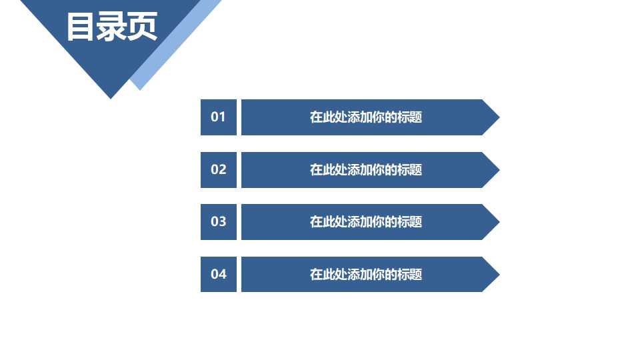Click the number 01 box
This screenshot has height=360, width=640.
click(219, 117)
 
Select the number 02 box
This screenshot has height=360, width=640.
click(219, 169)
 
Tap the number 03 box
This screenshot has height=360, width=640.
click(219, 221)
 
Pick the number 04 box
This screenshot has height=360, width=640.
click(219, 274)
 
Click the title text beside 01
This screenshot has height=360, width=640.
click(365, 117)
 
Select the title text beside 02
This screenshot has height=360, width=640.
click(365, 169)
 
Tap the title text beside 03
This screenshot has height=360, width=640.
click(365, 221)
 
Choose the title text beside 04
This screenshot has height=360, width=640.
click(365, 274)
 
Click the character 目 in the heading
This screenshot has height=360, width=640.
click(81, 27)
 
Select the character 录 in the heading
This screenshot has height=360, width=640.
click(111, 27)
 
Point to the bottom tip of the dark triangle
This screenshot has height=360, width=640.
click(111, 96)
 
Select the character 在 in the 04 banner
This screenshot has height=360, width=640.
click(316, 274)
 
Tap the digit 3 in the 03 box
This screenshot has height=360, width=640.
click(223, 221)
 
